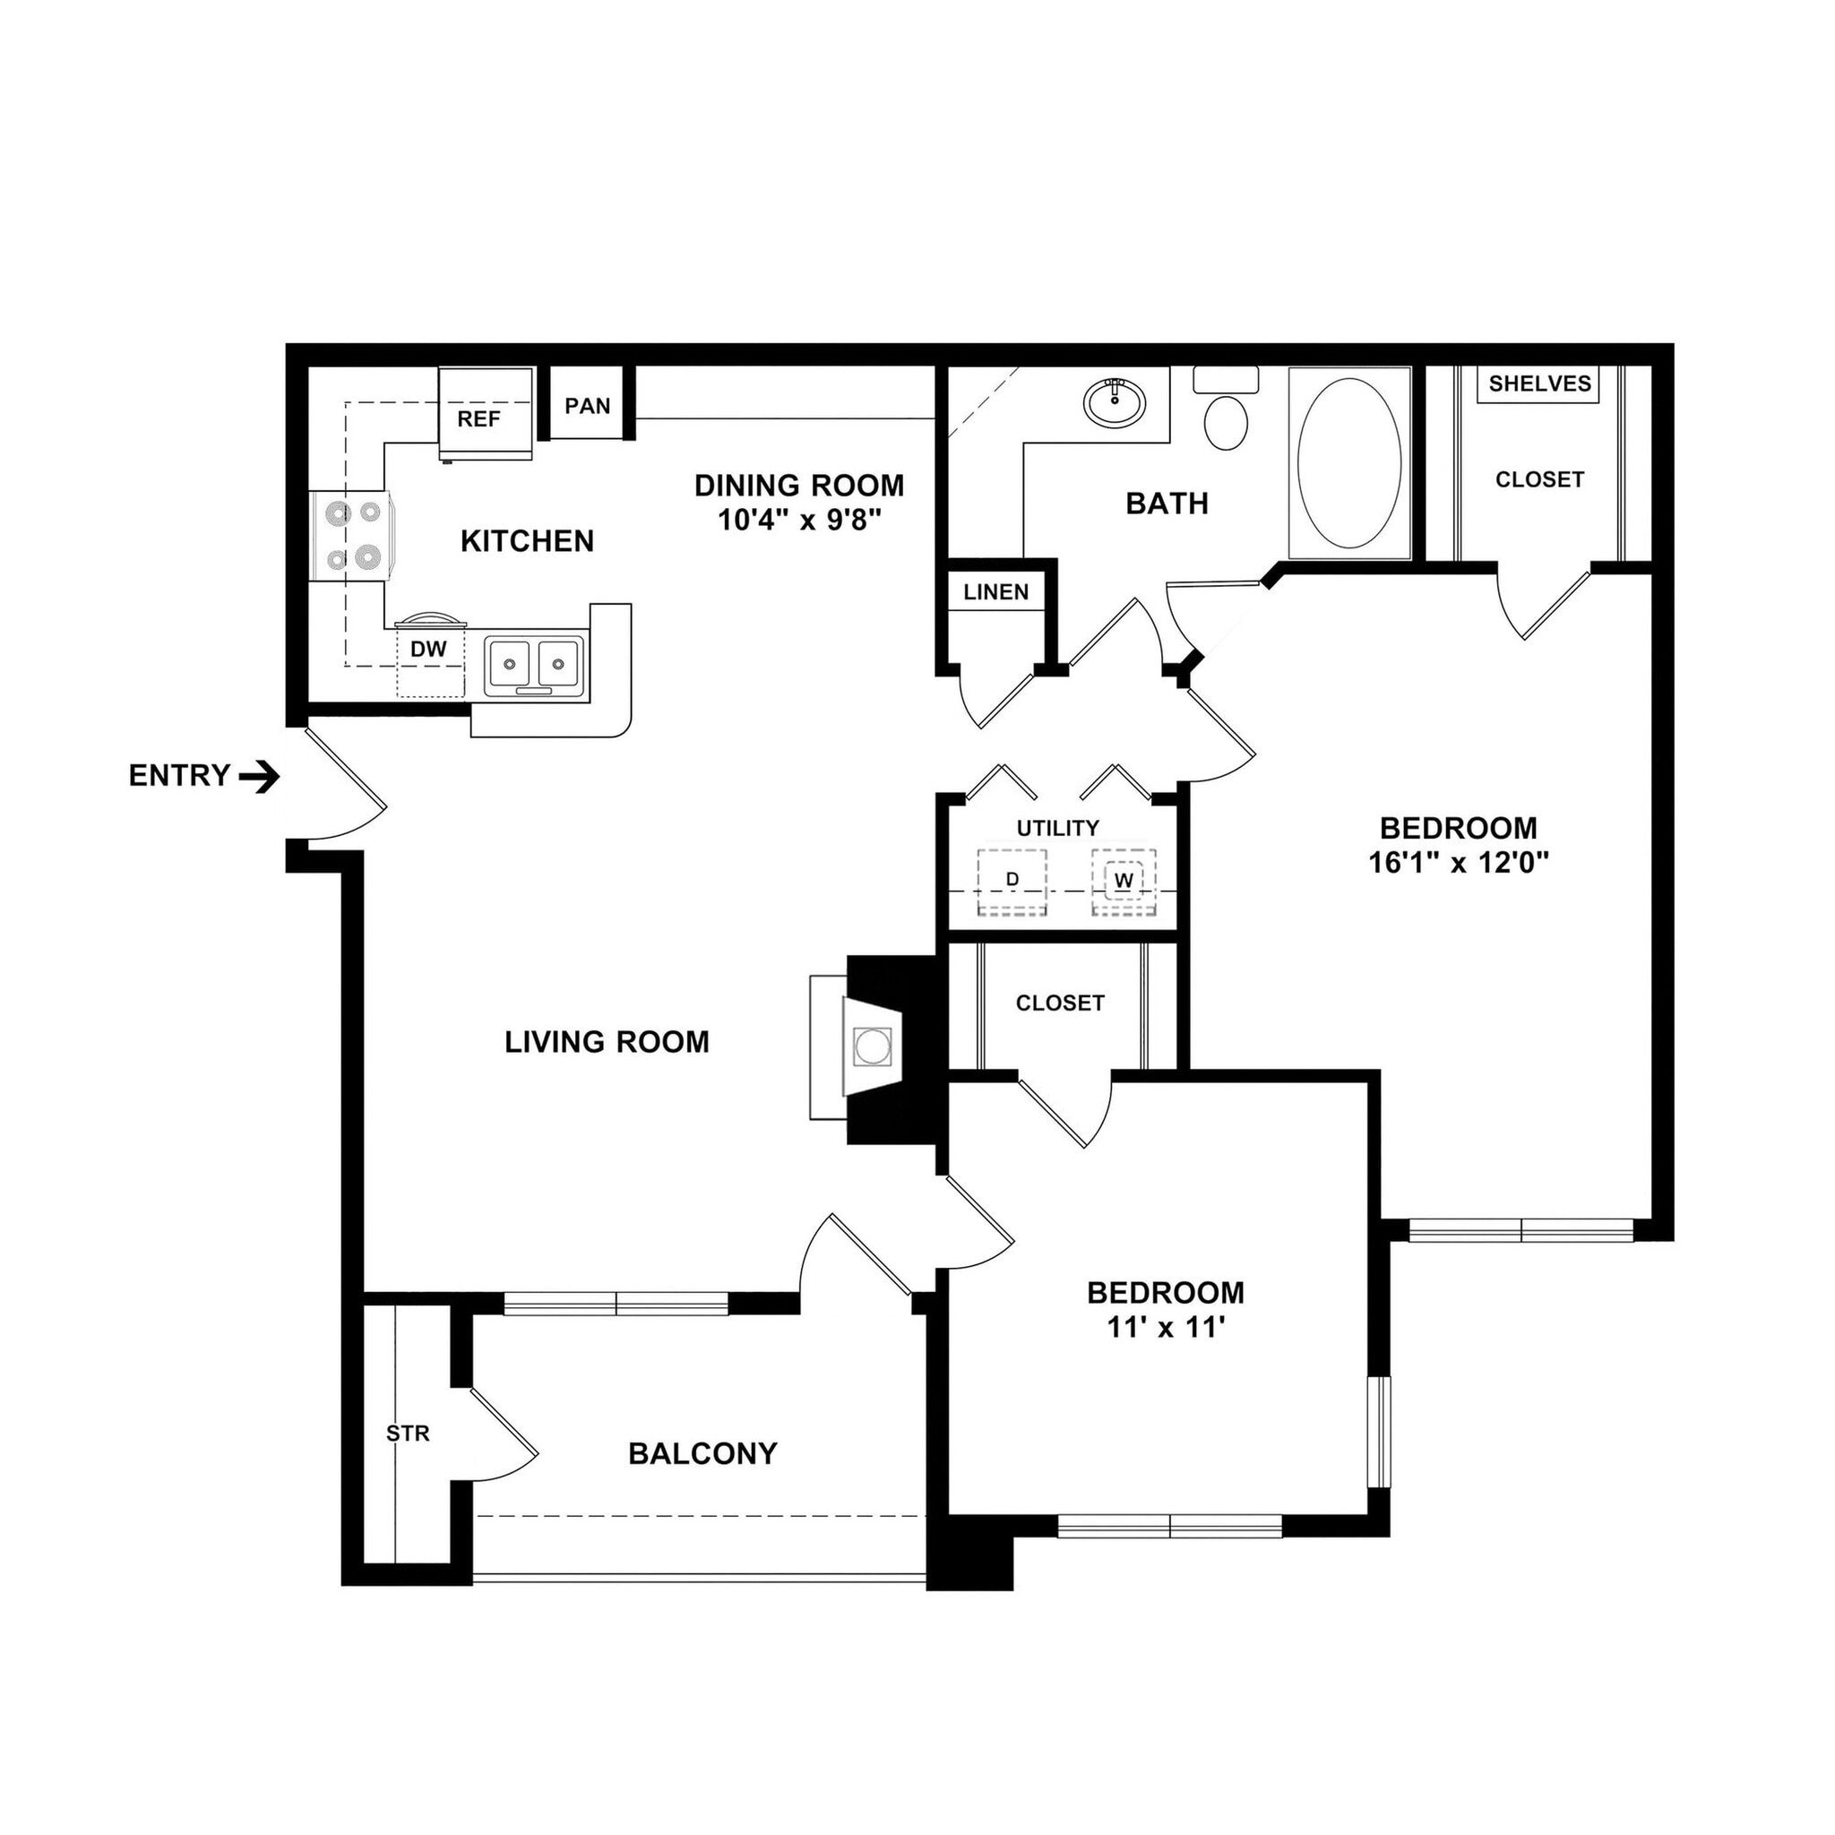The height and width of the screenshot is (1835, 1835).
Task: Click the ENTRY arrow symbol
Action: point(259,778)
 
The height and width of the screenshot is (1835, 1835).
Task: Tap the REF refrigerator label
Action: point(478,418)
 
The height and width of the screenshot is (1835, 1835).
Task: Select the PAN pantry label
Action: point(587,406)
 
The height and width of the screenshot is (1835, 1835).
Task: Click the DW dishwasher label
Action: point(428,650)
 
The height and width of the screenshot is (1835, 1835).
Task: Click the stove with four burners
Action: point(349,536)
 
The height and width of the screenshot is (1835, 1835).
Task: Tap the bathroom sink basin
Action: point(1115,402)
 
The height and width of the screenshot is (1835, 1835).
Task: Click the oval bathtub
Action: point(1348,462)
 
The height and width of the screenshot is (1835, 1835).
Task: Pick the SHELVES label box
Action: point(1538,383)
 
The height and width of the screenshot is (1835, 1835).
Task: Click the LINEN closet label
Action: point(995,592)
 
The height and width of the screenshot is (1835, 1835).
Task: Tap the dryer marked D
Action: point(1012,882)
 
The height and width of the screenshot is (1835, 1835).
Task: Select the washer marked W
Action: point(1124,882)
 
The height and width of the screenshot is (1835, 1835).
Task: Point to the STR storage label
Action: point(408,1434)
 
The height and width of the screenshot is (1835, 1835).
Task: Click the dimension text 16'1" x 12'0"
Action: point(1458,864)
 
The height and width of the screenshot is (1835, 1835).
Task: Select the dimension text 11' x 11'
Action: point(1166,1328)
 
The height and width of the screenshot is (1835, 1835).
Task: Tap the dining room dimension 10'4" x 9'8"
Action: point(800,521)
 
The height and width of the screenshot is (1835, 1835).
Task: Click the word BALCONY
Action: point(702,1453)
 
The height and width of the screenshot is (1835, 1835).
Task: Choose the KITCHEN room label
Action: point(527,541)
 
